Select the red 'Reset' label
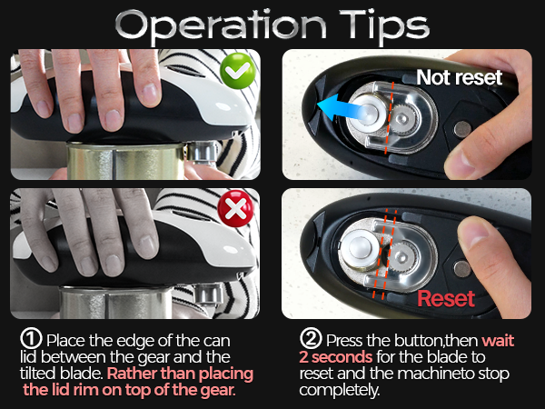pos(446,298)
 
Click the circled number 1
pos(29,339)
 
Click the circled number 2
pos(309,339)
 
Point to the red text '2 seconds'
pos(335,356)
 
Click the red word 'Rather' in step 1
pos(137,374)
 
